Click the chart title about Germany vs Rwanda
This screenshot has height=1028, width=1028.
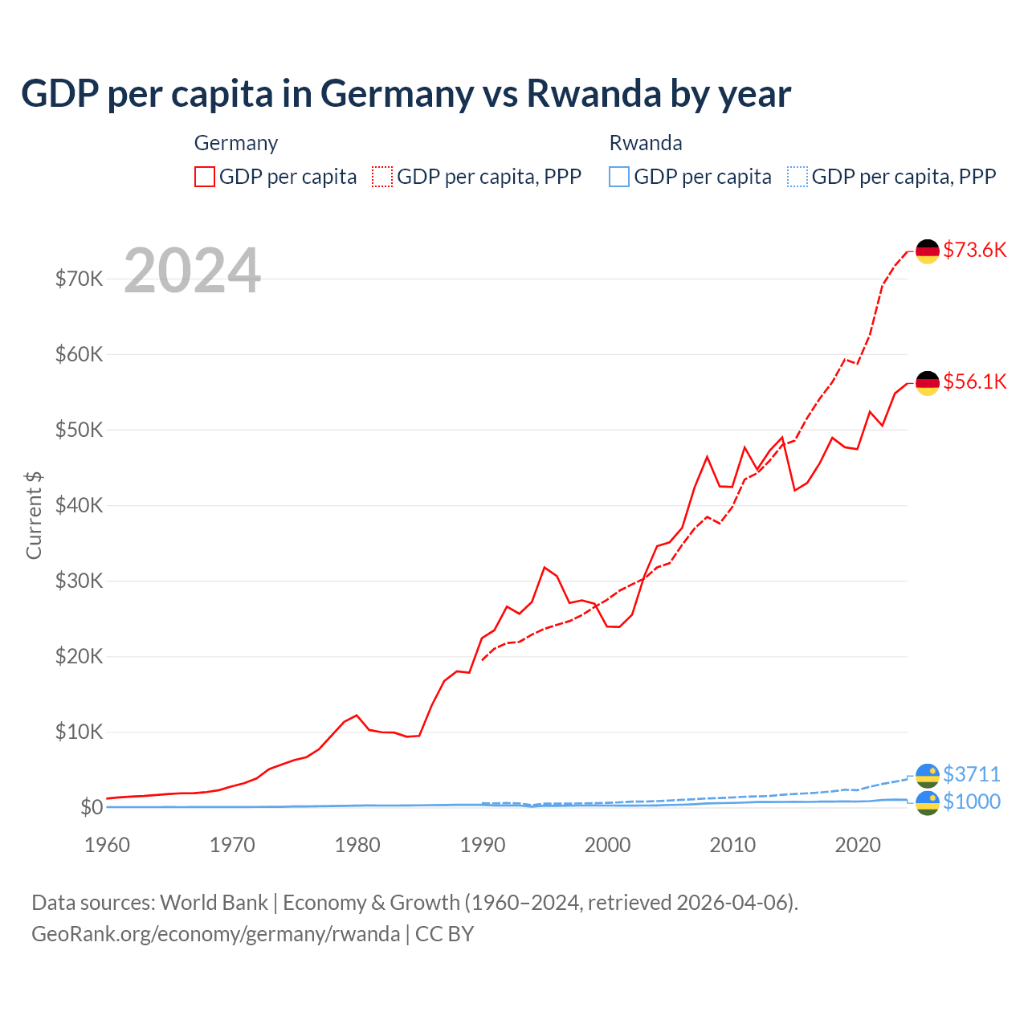(406, 94)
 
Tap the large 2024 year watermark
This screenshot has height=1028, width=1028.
(192, 271)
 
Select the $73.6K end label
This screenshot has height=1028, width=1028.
(974, 250)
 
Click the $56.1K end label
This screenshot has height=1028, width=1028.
(974, 381)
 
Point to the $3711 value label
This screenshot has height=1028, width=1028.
(971, 774)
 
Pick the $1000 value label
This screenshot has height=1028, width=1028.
(971, 802)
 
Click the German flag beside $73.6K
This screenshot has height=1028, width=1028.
(928, 251)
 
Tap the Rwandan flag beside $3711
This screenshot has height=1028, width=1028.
(928, 775)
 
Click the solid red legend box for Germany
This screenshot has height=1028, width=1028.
(205, 177)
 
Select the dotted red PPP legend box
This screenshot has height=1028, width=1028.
(382, 177)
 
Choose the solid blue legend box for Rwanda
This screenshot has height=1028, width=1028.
(619, 177)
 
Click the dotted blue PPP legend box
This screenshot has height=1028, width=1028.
(798, 177)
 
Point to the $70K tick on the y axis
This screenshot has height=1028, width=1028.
(79, 279)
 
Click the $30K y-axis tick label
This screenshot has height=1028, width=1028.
(79, 581)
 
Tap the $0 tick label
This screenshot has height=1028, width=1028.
(91, 807)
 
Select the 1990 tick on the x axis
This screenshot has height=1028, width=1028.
(482, 845)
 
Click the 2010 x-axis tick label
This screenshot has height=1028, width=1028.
(732, 845)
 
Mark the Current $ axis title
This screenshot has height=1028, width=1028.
(34, 516)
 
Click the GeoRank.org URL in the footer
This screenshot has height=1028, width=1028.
(215, 934)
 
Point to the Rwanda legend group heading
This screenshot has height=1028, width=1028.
(646, 143)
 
